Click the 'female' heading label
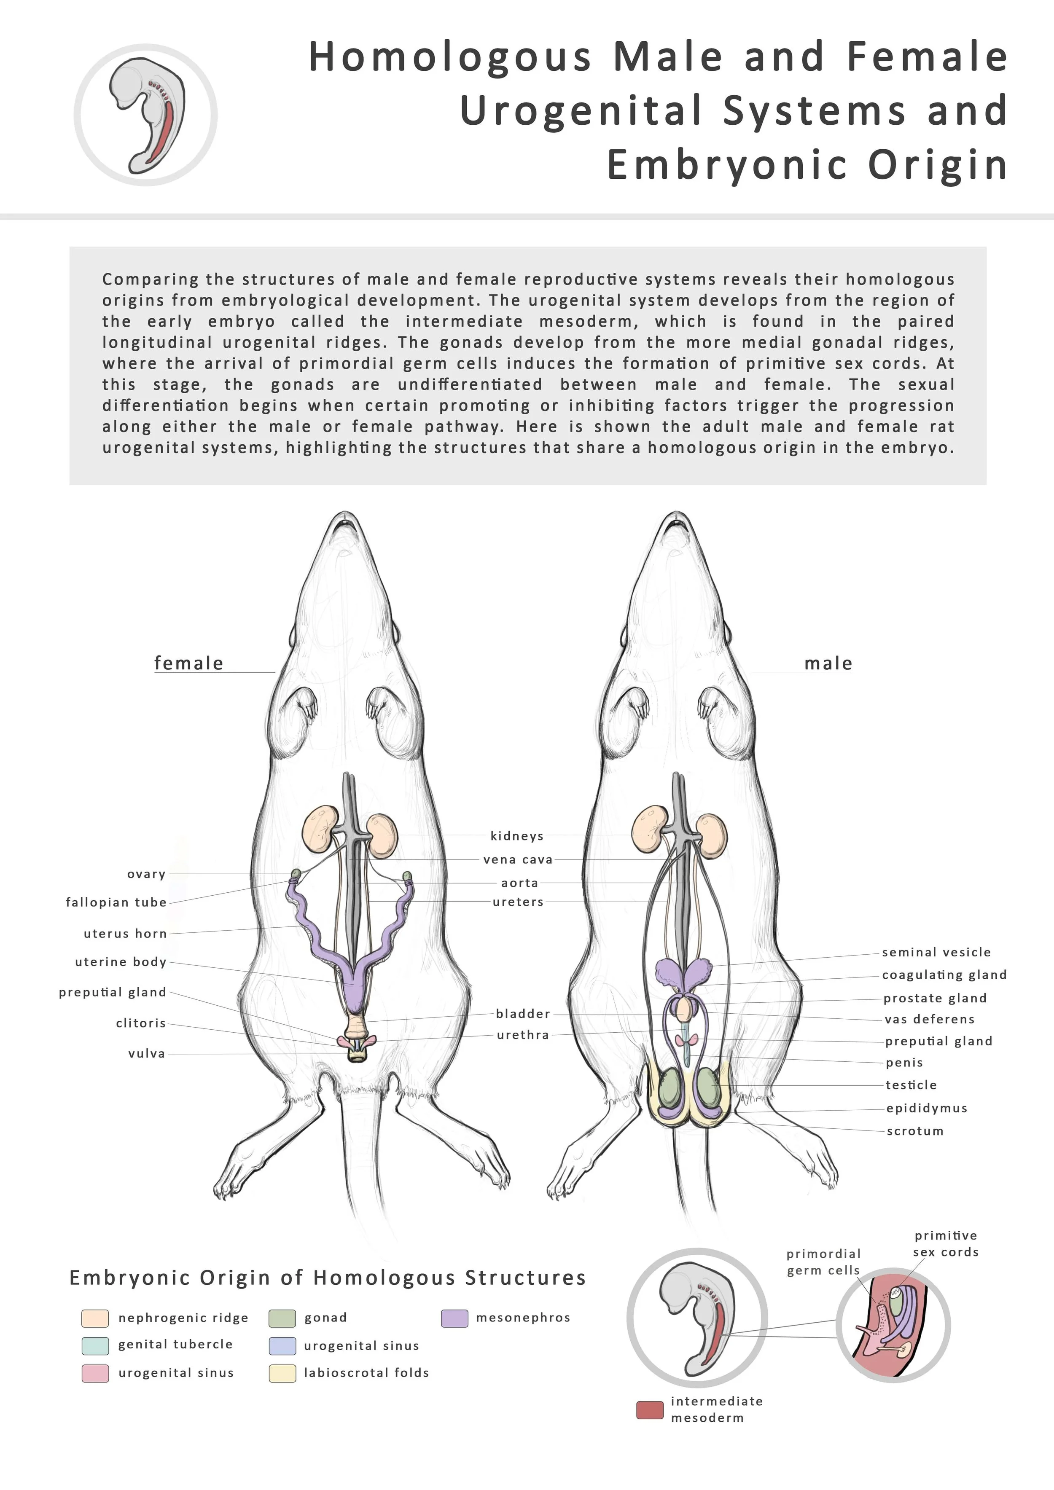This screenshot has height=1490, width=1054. pos(188,663)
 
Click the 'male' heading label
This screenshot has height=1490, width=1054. pos(828,663)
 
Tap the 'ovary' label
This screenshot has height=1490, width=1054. pos(147,874)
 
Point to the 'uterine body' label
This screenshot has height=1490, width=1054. pos(121,962)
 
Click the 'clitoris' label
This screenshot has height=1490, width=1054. pos(141,1023)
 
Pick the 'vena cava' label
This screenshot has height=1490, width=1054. pos(518,860)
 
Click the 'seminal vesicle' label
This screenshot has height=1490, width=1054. pos(936,952)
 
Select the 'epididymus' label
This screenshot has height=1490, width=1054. pos(927,1108)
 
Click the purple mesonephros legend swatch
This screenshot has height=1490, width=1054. pos(454,1318)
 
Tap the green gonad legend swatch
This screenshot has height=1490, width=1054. pos(282,1318)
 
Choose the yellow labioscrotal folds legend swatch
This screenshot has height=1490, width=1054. pos(282,1373)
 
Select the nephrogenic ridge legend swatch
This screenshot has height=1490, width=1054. pos(95,1318)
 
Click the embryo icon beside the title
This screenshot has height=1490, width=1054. pos(146,115)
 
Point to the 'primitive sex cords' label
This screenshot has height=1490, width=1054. pos(946,1243)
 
